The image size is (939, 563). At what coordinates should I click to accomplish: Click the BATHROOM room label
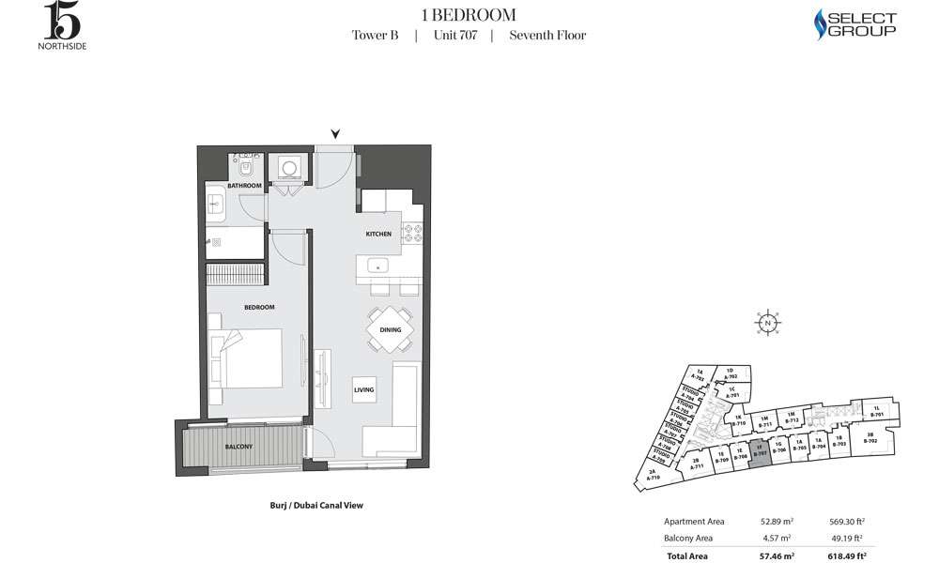(244, 186)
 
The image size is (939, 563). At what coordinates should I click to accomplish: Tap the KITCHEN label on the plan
(378, 234)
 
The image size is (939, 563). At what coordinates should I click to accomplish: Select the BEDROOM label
(259, 308)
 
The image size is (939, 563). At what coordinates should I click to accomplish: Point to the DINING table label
(391, 330)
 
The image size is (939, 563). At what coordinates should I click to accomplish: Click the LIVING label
(364, 389)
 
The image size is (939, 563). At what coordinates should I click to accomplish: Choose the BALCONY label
(239, 447)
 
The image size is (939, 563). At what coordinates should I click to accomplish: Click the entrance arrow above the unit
(335, 134)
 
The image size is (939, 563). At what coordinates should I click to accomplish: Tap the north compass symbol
(768, 322)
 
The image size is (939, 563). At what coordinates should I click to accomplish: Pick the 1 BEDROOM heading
(469, 14)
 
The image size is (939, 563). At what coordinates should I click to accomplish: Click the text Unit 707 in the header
(454, 36)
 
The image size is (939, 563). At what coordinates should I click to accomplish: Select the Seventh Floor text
(547, 36)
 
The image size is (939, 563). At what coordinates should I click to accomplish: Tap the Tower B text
(375, 36)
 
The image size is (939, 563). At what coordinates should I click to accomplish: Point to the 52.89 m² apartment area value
(776, 522)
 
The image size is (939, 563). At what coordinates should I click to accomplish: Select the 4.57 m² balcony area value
(778, 538)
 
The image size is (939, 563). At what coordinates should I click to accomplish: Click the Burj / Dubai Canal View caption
(316, 505)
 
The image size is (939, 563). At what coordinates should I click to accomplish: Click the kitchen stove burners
(414, 232)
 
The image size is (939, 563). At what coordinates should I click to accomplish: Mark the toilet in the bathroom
(246, 168)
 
